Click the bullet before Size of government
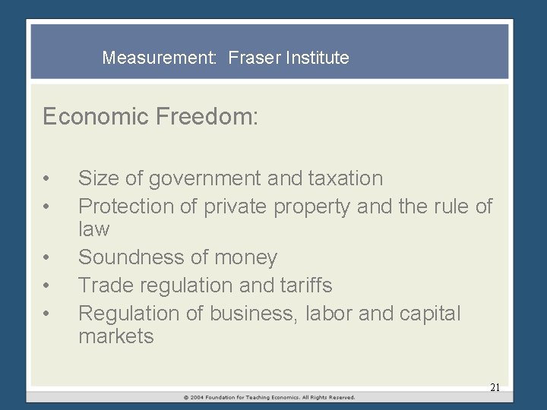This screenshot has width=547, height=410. pyautogui.click(x=47, y=180)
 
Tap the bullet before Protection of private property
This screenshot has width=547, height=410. pyautogui.click(x=47, y=207)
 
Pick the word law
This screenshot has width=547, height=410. pyautogui.click(x=94, y=229)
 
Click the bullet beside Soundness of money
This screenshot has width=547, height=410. pyautogui.click(x=47, y=259)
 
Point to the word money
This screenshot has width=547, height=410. pyautogui.click(x=245, y=258)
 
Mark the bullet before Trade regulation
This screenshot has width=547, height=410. pyautogui.click(x=47, y=286)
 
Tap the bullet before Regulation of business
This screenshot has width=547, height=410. pyautogui.click(x=47, y=314)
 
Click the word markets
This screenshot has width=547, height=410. pyautogui.click(x=116, y=336)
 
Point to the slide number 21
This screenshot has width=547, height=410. pyautogui.click(x=495, y=387)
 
